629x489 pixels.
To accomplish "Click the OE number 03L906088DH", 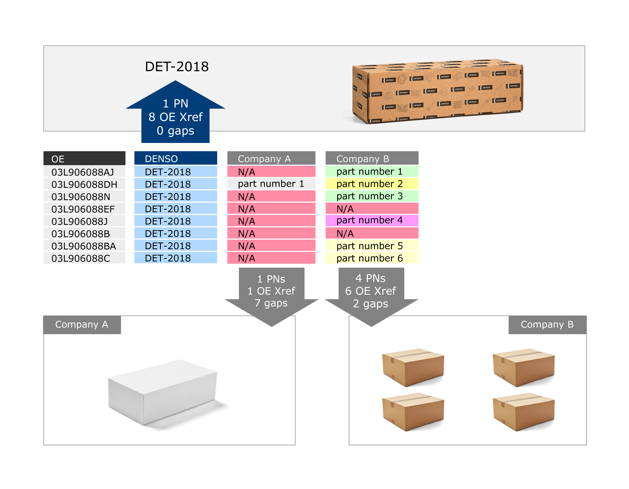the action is pos(84,184).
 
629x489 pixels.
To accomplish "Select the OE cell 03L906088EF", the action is pos(84,209).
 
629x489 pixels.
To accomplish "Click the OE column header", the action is pos(84,158).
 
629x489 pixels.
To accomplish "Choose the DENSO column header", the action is pos(176,158).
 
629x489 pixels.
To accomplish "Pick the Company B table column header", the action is pos(372,158).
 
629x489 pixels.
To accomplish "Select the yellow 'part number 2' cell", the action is pos(372,184).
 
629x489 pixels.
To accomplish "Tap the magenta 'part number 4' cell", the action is pos(372,220).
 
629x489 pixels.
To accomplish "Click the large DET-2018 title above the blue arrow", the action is pos(177,67).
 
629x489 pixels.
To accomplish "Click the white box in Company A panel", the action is pos(163,392).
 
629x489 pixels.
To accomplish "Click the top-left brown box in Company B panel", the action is pos(413,367).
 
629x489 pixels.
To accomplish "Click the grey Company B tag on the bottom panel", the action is pos(547,325).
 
